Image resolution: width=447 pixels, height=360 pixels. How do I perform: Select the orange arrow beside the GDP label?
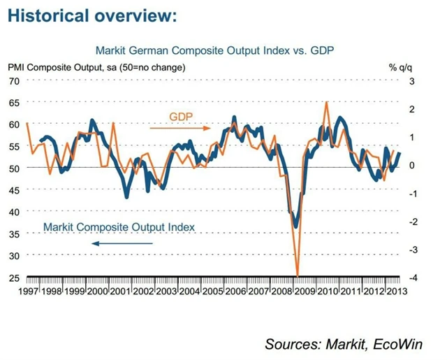click(189, 129)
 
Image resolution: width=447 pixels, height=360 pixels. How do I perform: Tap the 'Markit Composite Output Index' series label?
click(119, 227)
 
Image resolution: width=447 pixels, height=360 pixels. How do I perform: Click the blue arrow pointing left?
click(122, 243)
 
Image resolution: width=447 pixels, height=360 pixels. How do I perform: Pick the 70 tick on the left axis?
click(13, 80)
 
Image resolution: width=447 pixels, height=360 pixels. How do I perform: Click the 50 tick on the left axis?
click(13, 168)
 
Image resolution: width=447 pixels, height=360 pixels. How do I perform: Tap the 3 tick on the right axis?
click(412, 82)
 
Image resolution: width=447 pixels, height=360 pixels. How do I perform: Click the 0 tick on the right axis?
click(412, 166)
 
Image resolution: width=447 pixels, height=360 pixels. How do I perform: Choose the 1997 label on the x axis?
click(29, 290)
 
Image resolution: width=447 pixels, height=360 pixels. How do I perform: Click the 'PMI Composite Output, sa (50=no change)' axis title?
click(96, 67)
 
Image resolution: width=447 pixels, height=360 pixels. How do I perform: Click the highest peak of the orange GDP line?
click(326, 102)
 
